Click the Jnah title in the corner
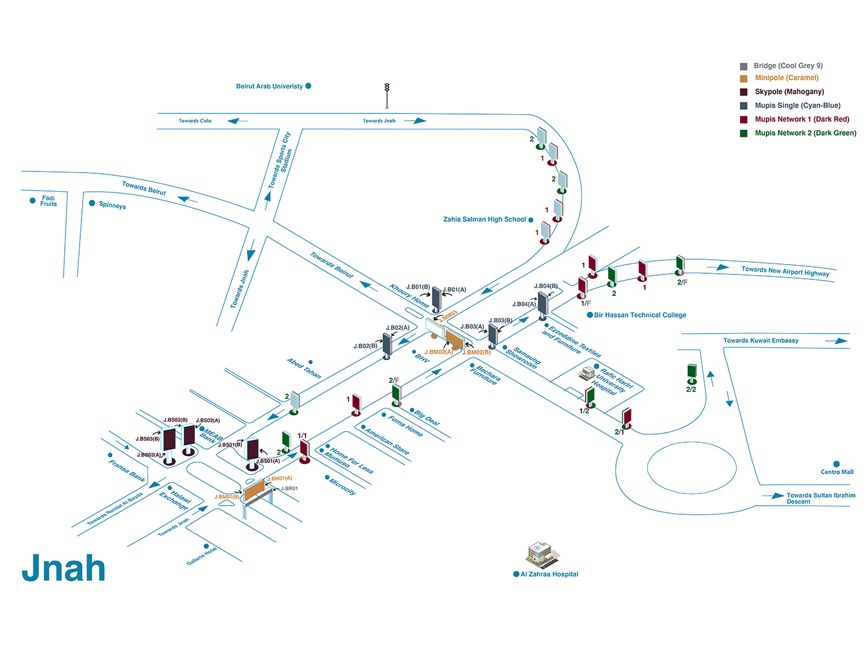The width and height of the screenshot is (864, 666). coord(64,568)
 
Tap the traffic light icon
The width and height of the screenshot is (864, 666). coord(387,95)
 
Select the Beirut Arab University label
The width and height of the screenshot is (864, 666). coord(270,86)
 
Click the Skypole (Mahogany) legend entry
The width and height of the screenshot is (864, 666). coord(789,92)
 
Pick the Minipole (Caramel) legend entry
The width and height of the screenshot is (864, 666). coord(786,78)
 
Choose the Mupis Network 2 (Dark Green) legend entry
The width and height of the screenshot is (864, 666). coord(805,133)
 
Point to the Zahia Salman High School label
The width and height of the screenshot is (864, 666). coord(484,220)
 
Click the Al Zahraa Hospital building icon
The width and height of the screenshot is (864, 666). coord(542,554)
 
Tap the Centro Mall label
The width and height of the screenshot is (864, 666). coord(837,472)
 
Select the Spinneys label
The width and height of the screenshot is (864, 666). coord(112,205)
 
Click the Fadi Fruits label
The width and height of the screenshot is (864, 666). coord(48,201)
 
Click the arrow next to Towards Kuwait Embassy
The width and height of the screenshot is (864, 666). coord(836,341)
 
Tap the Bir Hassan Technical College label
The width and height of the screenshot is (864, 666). coord(640,315)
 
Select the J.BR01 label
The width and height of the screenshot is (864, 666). coord(289,488)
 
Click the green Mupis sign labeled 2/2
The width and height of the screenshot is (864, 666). coord(692,372)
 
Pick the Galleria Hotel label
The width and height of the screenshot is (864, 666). coord(202,556)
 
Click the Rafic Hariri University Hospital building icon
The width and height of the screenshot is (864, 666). coord(586,372)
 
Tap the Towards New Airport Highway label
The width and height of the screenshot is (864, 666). coord(785,271)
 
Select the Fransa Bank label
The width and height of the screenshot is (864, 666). coord(127,471)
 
